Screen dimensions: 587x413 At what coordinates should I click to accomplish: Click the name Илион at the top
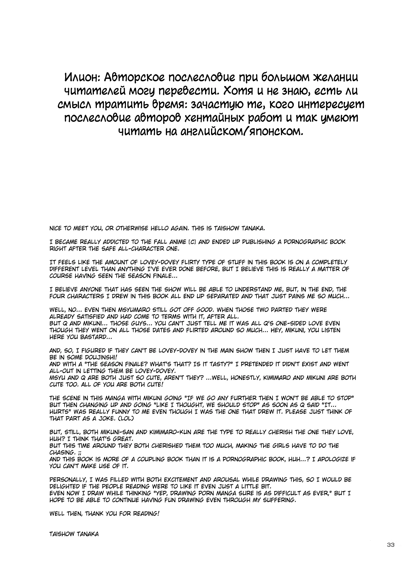coord(81,78)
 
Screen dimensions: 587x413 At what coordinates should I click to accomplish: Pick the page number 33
coord(390,545)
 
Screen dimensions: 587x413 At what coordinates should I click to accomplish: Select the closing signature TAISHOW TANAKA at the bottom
coord(74,534)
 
